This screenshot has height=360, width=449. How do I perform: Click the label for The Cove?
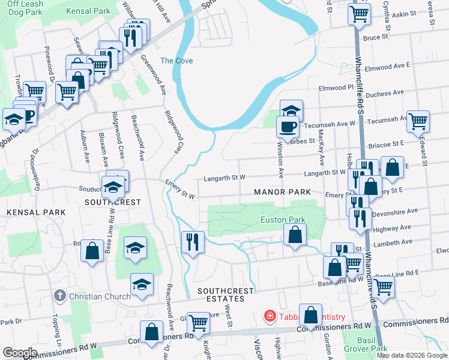175,61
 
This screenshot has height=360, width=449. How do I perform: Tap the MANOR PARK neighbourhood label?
282,192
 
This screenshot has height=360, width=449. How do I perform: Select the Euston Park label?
283,220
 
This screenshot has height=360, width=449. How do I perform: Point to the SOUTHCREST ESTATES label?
221,294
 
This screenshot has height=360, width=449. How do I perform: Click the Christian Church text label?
99,296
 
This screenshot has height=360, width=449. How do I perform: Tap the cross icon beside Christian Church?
59,296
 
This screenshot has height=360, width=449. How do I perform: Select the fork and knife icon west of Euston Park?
193,242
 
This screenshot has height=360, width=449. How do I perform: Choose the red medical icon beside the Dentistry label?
270,316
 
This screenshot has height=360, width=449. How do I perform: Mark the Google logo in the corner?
20,352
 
